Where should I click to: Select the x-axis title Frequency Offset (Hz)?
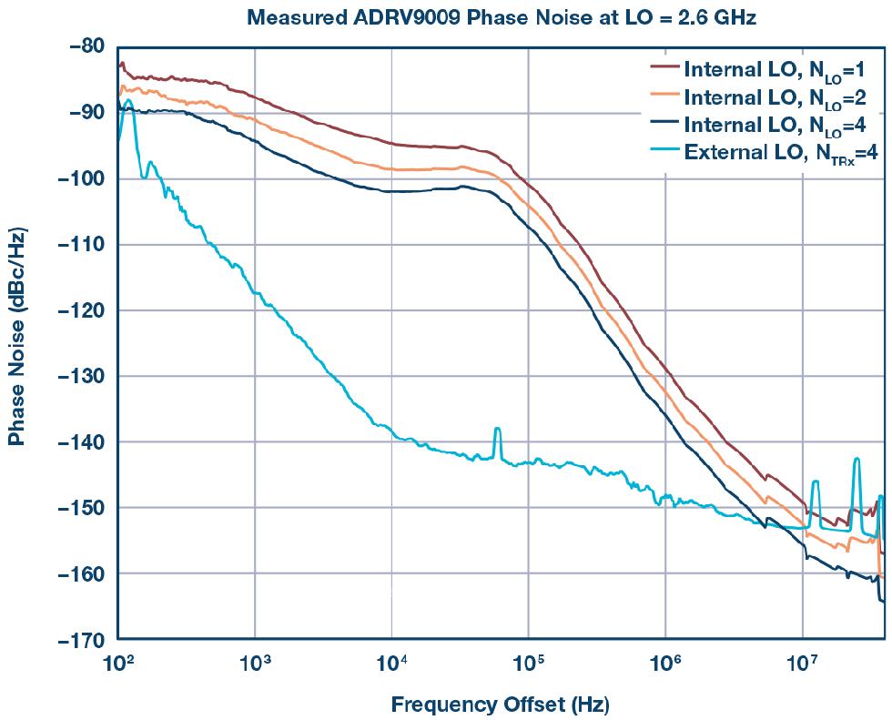500,705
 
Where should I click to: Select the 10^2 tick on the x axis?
117,662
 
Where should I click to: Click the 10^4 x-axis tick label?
391,662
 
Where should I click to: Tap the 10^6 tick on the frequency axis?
665,662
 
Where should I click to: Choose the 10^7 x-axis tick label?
802,662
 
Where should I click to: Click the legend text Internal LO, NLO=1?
780,70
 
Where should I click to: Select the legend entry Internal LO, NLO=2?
780,97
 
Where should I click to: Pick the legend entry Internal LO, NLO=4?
780,125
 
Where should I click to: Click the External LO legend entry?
780,152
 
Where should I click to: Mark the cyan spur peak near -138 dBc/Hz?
497,429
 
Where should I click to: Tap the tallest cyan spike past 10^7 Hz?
857,460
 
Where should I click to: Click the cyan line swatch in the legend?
664,151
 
